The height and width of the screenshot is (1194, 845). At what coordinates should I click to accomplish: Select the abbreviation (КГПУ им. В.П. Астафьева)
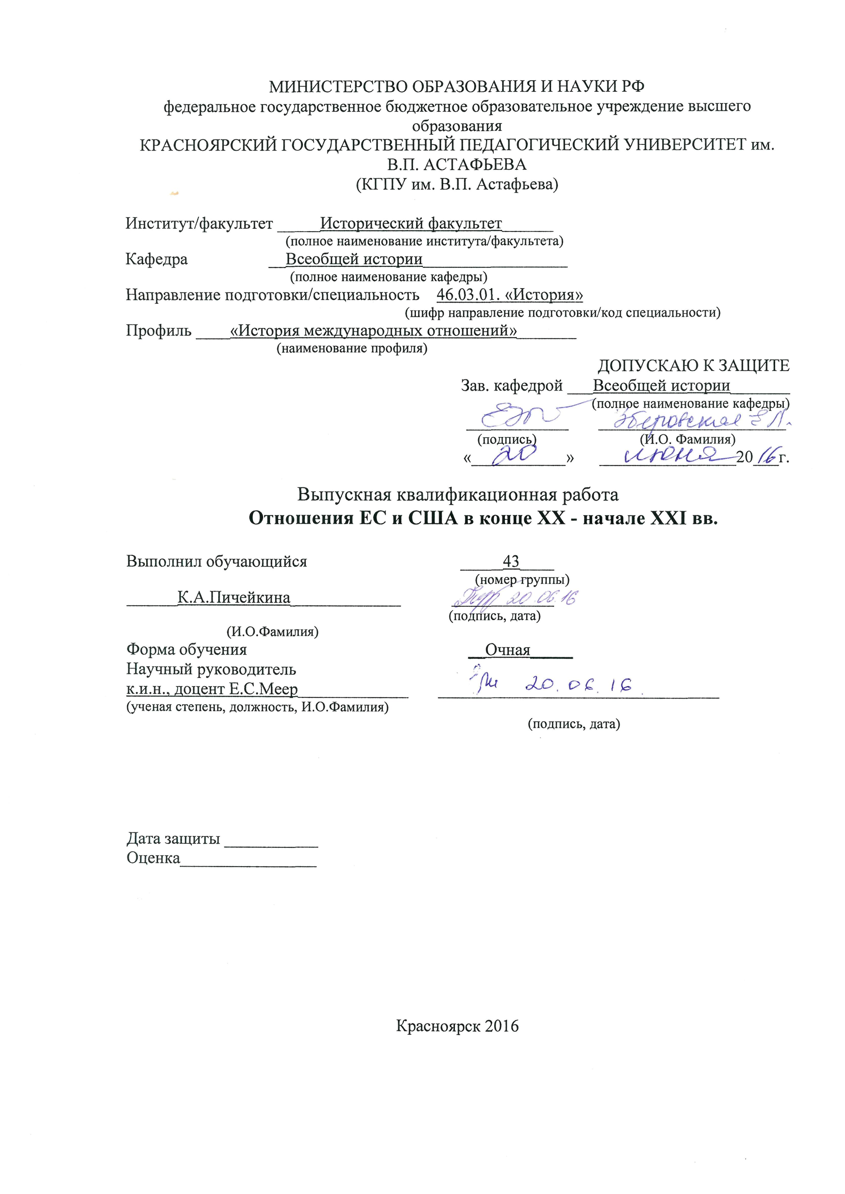[x=457, y=184]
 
